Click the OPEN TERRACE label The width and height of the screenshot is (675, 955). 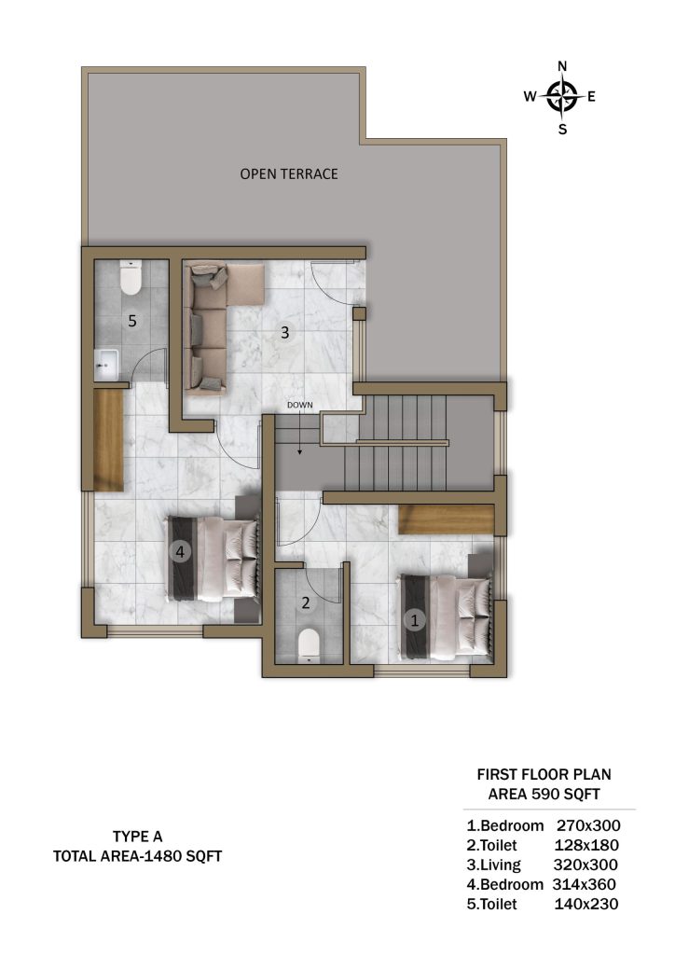pyautogui.click(x=288, y=174)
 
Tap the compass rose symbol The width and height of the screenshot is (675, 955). pyautogui.click(x=562, y=96)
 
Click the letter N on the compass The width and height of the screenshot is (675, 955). pyautogui.click(x=562, y=66)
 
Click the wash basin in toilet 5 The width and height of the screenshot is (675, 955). pyautogui.click(x=108, y=364)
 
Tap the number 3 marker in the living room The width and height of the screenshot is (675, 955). pyautogui.click(x=284, y=333)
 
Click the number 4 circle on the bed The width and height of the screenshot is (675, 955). pyautogui.click(x=180, y=552)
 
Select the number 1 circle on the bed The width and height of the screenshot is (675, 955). pyautogui.click(x=415, y=620)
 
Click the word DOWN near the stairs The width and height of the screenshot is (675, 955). pyautogui.click(x=300, y=405)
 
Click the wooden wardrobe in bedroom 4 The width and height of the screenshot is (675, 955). pyautogui.click(x=108, y=440)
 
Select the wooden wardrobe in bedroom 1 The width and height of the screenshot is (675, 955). pyautogui.click(x=447, y=519)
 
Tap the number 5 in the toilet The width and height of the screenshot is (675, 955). pyautogui.click(x=132, y=321)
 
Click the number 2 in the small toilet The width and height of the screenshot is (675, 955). pyautogui.click(x=306, y=603)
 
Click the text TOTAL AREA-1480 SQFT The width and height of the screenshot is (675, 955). pyautogui.click(x=138, y=856)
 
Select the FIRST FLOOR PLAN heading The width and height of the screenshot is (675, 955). pyautogui.click(x=544, y=775)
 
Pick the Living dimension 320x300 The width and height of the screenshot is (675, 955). pyautogui.click(x=585, y=865)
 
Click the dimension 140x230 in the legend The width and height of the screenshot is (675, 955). pyautogui.click(x=586, y=904)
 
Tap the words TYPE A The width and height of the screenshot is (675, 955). pyautogui.click(x=138, y=837)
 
